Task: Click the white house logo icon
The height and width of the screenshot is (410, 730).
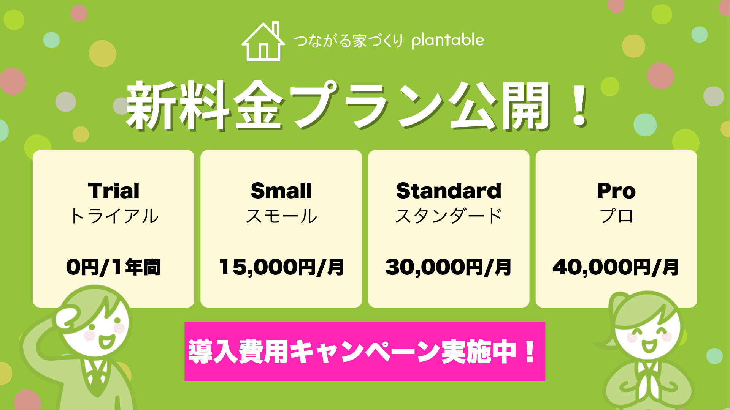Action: [263, 42]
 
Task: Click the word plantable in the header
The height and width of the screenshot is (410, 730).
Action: [448, 40]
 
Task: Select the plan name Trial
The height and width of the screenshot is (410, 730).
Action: [114, 191]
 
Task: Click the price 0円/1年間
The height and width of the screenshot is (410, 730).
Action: [113, 267]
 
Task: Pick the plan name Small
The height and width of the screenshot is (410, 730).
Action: [281, 191]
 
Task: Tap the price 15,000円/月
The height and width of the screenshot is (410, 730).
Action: [281, 267]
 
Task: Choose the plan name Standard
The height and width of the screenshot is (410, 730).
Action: [449, 191]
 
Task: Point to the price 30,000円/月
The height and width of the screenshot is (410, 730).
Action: [449, 267]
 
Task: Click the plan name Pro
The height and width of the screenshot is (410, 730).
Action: [616, 191]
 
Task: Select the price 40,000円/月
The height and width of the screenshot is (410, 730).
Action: [616, 267]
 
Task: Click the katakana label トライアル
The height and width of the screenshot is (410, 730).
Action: [114, 216]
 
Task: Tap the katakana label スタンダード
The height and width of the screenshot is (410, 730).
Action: [449, 216]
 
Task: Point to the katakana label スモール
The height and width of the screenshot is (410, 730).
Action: [281, 216]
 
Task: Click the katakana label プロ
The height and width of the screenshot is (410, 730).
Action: [616, 216]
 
